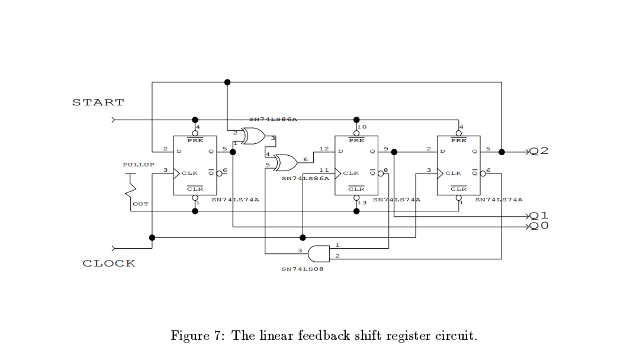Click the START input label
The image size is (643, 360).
coord(98,102)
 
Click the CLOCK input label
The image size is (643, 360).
coord(109,263)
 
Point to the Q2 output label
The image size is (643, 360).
coord(539,151)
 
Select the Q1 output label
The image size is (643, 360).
coord(539,216)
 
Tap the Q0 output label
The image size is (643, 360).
coord(539,226)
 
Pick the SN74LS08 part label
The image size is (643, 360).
coord(302,269)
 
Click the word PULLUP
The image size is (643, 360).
coord(139,165)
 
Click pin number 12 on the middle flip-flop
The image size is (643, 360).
coord(324,149)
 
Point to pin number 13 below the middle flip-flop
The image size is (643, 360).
coord(362,203)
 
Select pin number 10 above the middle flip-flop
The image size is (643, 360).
coord(362,127)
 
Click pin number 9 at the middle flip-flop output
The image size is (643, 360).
coord(386,149)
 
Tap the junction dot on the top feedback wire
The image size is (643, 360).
coord(227,82)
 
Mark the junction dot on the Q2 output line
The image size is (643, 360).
coord(502,152)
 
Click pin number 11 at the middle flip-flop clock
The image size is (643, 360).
coord(324,170)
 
